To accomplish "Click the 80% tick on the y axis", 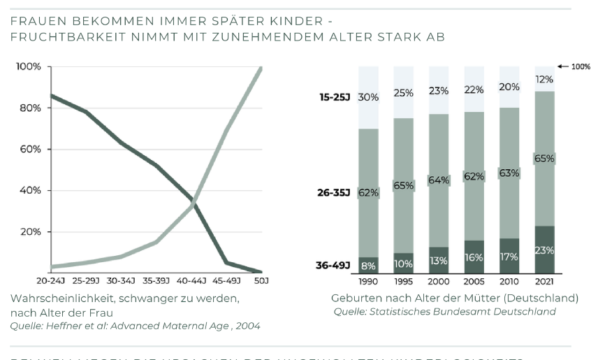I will (x=30, y=108).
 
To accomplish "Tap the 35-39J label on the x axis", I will (x=155, y=281).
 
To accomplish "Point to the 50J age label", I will (x=261, y=281).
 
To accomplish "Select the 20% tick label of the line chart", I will (x=30, y=231).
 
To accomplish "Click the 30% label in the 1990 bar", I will (x=368, y=97).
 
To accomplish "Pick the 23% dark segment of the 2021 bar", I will (x=545, y=250).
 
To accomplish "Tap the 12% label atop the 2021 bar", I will (x=545, y=79).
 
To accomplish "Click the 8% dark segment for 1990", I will (x=368, y=266).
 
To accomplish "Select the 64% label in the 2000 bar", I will (x=438, y=180).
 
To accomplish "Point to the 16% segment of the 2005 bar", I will (x=474, y=257).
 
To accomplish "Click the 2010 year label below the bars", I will (x=509, y=281).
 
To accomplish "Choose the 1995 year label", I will (x=403, y=281).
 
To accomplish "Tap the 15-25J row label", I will (x=335, y=97).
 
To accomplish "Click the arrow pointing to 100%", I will (x=563, y=66).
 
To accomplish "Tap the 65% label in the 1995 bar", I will (x=403, y=186).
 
